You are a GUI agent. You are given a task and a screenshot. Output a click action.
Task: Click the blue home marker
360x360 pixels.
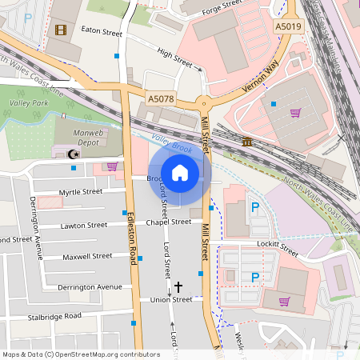pos(179,172)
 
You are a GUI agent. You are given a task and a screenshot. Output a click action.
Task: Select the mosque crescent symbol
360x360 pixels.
pos(74,153)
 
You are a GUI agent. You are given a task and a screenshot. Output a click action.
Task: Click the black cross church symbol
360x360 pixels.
pos(178,286)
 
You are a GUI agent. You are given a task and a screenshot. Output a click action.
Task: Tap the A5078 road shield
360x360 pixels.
pos(160,98)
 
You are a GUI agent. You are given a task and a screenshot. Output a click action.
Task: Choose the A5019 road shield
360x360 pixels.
pos(288,27)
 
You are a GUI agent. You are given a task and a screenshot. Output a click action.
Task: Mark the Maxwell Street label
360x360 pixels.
pos(87,257)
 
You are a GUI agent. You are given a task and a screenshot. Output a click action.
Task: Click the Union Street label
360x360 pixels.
pos(171,300)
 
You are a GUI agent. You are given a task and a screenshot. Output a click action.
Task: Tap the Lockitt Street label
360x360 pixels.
pos(278,247)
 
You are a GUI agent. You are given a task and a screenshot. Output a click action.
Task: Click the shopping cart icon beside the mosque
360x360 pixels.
pos(111,166)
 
